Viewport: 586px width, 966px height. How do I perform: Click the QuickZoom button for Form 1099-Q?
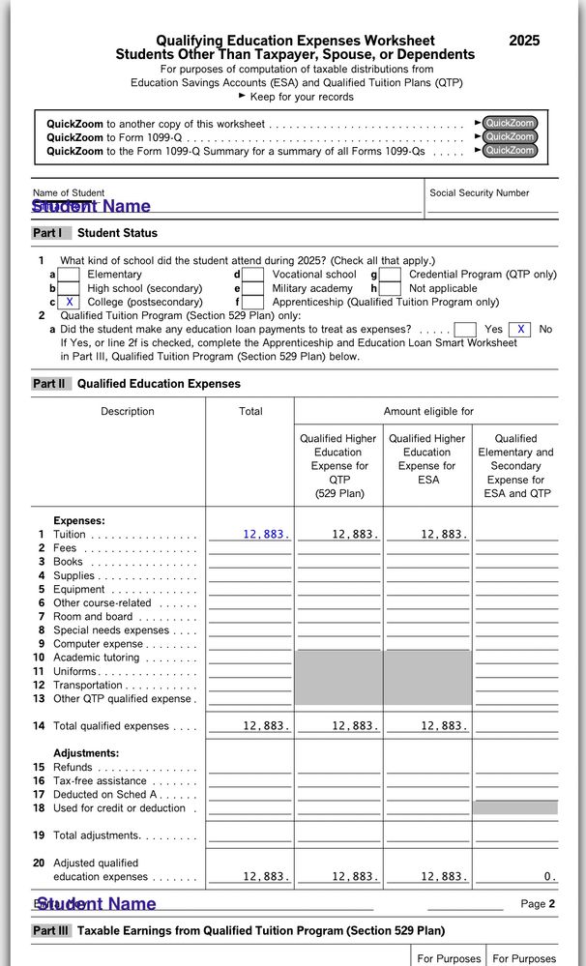510,137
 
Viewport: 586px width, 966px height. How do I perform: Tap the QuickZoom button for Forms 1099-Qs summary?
510,151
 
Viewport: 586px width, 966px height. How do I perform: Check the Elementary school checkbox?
69,275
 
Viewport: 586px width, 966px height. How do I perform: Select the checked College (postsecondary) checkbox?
69,303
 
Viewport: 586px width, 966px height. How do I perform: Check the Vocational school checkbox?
253,275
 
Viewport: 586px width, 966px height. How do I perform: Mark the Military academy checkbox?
253,288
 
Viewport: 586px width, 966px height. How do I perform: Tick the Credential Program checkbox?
390,275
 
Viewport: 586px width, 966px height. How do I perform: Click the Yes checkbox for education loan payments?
465,330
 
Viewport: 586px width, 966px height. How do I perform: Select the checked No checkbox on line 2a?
520,330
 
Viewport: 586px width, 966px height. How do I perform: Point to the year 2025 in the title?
524,41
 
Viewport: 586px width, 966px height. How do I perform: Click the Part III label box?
51,931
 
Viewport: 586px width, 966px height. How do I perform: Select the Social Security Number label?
479,193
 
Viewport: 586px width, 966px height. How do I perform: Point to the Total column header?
250,412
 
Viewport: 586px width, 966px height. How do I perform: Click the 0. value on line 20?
549,877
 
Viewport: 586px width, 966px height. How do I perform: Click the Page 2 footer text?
538,904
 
